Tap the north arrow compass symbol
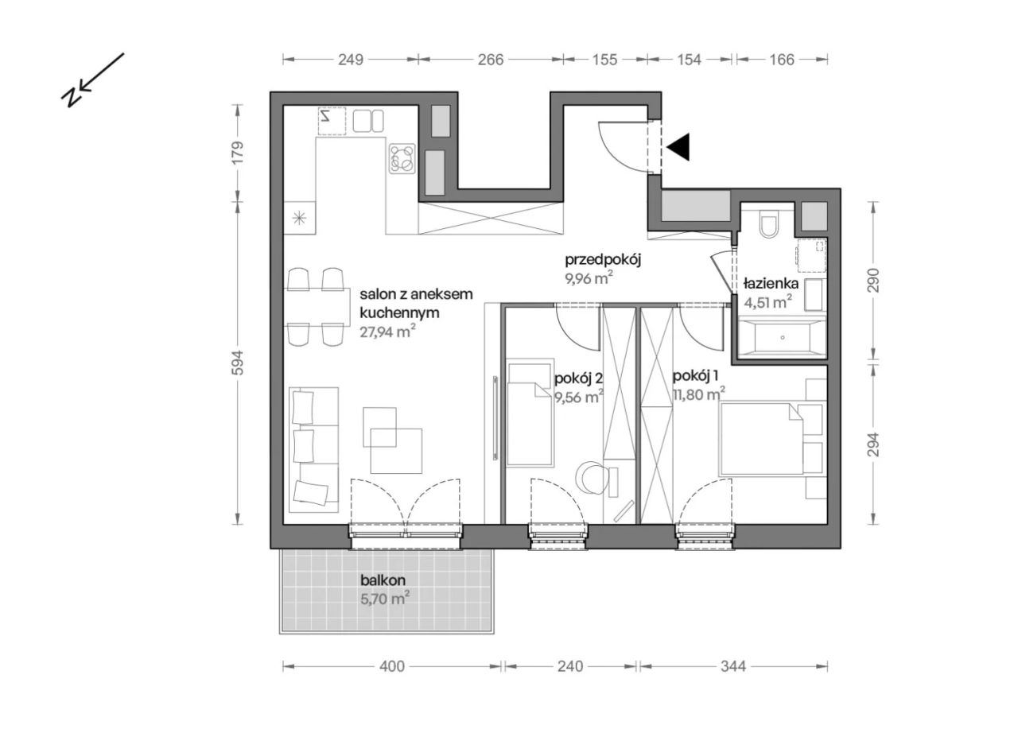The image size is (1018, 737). click(x=92, y=80)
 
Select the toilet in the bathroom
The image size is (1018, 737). click(x=768, y=224)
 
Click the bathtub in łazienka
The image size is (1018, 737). click(x=782, y=337)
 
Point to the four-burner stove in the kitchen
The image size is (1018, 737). click(x=402, y=158)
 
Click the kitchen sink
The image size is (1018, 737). click(x=368, y=121)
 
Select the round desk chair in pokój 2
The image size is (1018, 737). click(x=591, y=478)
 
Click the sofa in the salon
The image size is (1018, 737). click(x=314, y=449)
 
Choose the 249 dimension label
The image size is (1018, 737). click(x=351, y=60)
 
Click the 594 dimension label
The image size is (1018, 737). click(x=238, y=363)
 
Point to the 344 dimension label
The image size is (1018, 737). click(x=733, y=666)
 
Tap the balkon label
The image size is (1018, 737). click(x=383, y=580)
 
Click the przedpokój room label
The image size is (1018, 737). click(x=603, y=260)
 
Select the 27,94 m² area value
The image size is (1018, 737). click(x=387, y=332)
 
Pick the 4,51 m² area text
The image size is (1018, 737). click(x=768, y=301)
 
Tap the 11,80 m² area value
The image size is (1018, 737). click(x=699, y=394)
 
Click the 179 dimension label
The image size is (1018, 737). click(x=238, y=153)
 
